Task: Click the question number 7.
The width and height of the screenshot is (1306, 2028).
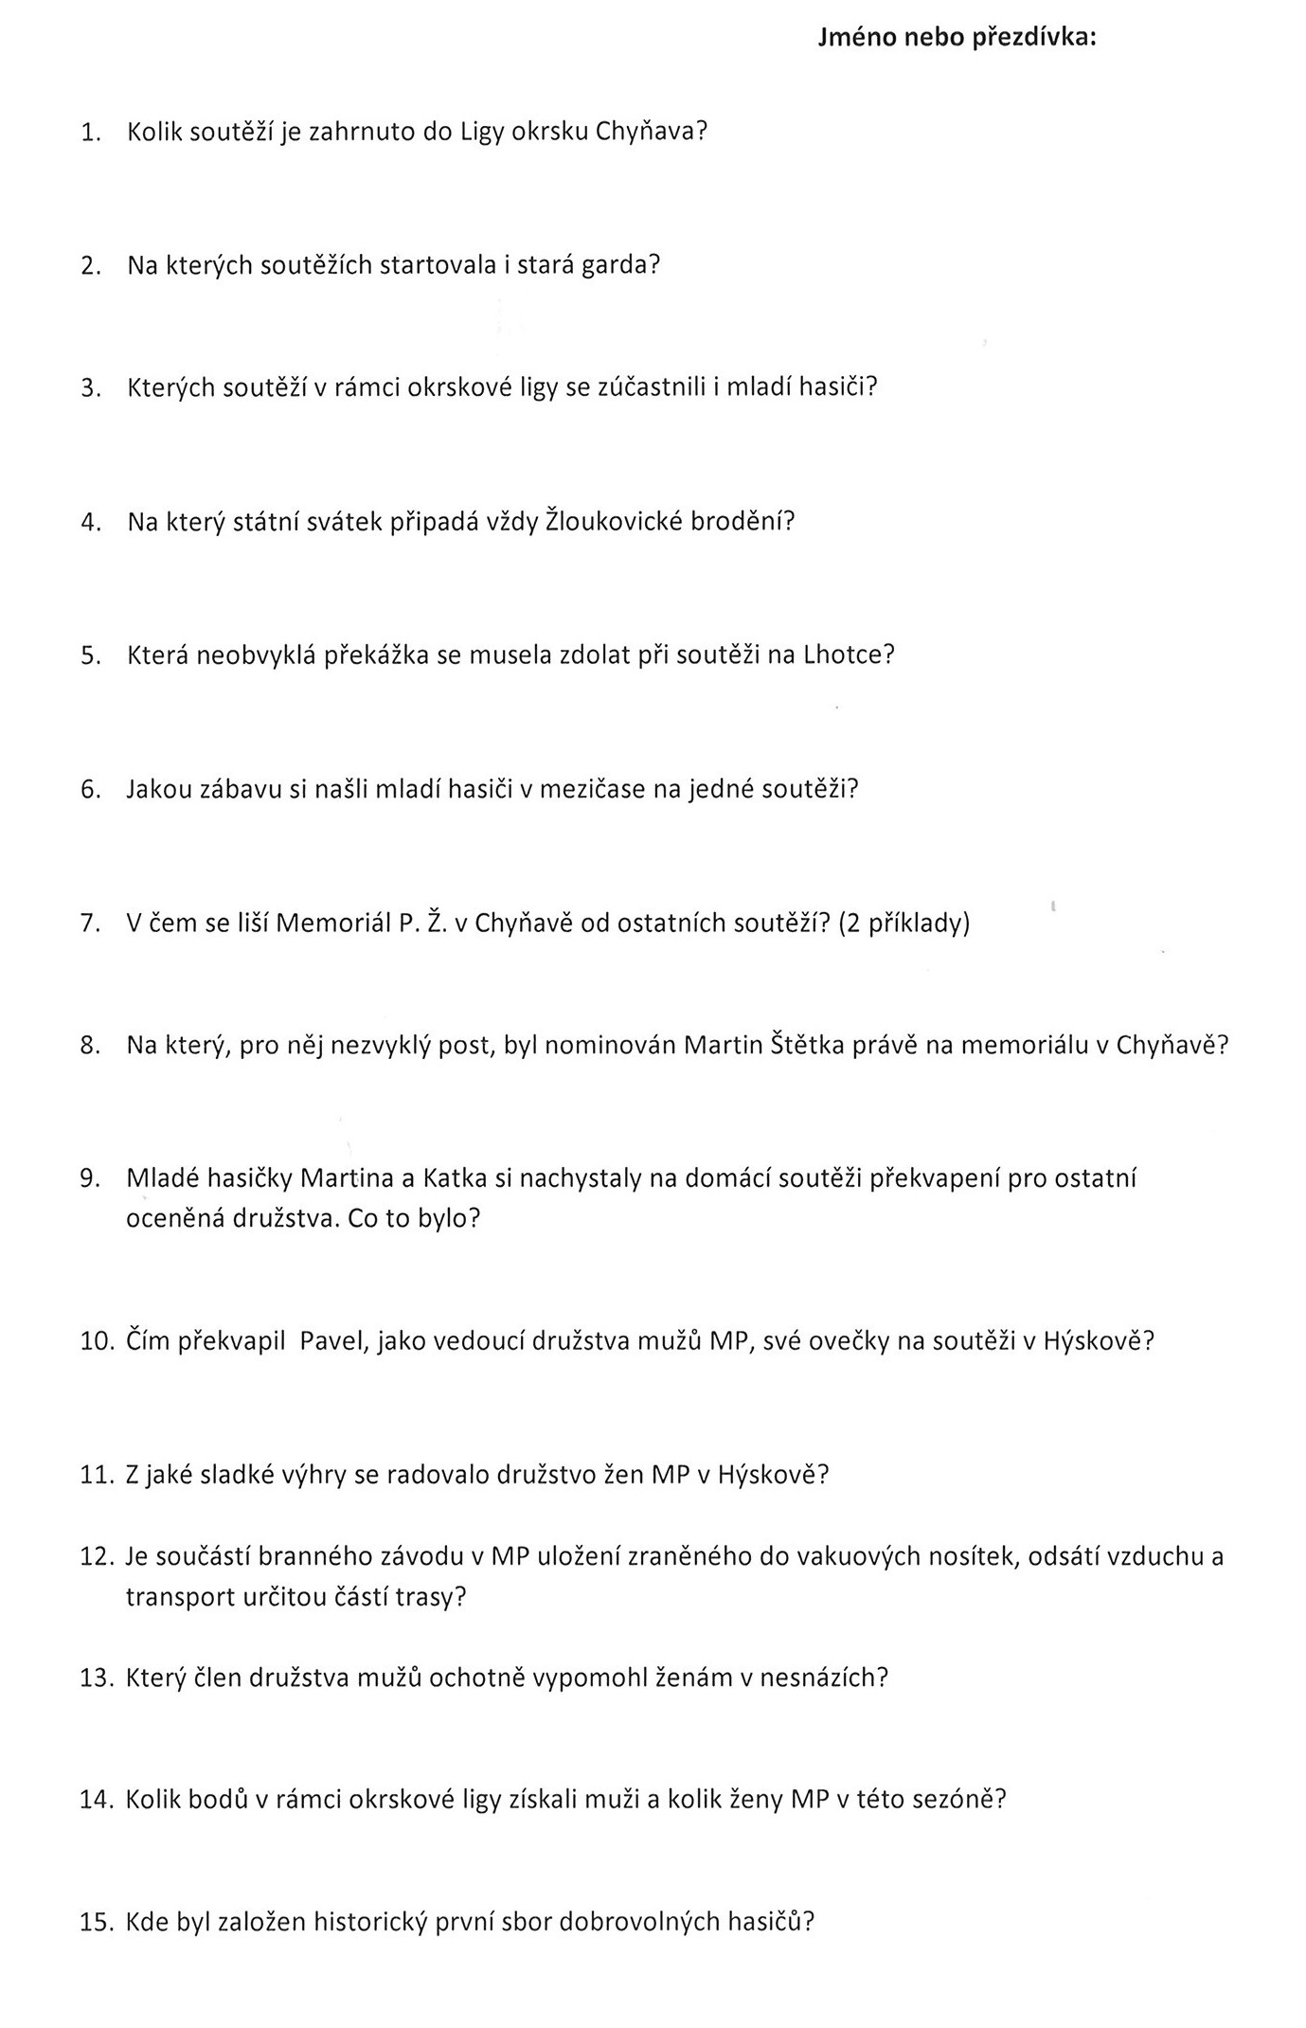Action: point(90,924)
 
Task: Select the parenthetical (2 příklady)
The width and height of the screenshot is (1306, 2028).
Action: point(903,924)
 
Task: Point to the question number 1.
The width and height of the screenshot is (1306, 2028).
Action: point(90,133)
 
